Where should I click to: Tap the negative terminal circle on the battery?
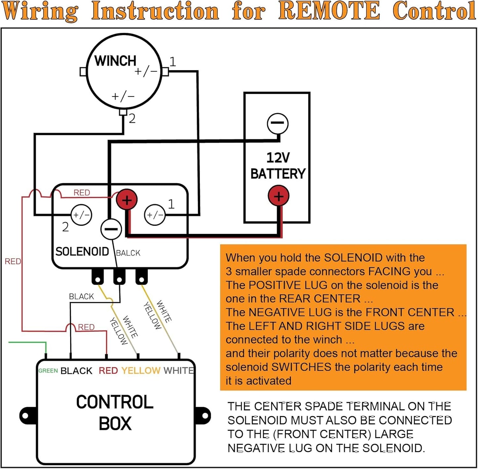point(278,123)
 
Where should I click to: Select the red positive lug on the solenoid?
point(127,200)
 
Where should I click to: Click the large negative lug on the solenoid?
point(111,229)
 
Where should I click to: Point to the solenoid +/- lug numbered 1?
point(155,215)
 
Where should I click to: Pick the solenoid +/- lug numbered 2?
point(81,215)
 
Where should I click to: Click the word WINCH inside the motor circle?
point(115,61)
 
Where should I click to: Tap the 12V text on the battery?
point(278,157)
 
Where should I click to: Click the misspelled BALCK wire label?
point(128,253)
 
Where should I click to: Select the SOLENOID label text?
point(82,251)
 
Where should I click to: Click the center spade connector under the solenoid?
point(119,277)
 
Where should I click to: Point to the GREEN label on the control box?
point(48,370)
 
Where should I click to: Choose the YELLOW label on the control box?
point(141,370)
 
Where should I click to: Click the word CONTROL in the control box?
point(114,402)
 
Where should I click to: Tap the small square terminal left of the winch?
point(83,72)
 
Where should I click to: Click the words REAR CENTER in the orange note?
point(320,298)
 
